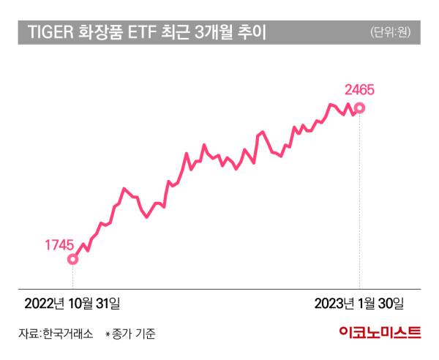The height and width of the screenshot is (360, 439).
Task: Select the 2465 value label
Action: [x=359, y=91]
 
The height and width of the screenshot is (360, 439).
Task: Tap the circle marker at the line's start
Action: [x=72, y=258]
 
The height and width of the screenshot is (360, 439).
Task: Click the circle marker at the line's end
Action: [x=359, y=109]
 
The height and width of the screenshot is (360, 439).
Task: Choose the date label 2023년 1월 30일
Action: [x=358, y=303]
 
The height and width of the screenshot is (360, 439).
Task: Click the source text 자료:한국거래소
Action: [x=56, y=334]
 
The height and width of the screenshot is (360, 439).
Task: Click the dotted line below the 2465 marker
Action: [x=359, y=198]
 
